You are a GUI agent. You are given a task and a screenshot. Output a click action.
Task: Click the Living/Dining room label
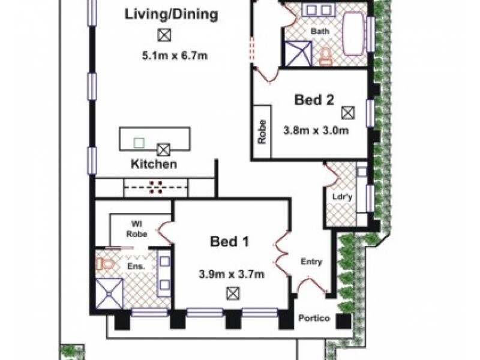coord(170,14)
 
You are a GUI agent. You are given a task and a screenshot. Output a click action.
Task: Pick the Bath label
coord(318,31)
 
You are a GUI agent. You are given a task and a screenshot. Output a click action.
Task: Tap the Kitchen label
coord(154,164)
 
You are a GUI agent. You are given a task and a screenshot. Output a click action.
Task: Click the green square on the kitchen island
coord(139,143)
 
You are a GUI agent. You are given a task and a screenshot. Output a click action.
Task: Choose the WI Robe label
coord(133,231)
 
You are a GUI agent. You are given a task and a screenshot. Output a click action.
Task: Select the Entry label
coord(311,262)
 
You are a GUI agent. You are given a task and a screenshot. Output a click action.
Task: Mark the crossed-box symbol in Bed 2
coord(347,112)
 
